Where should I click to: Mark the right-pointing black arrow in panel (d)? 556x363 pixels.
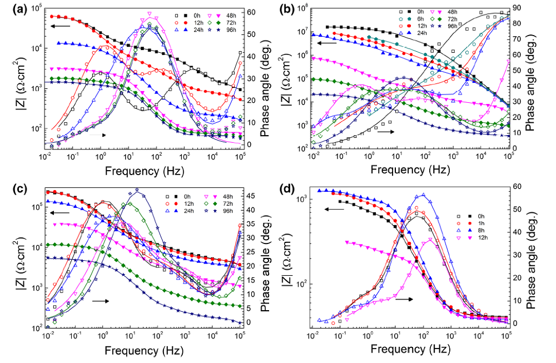tap(404, 299)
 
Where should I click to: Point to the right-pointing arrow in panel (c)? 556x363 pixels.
tap(100, 300)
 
